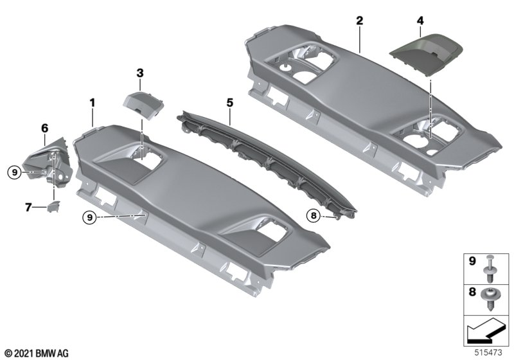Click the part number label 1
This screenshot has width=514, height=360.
(x=93, y=103)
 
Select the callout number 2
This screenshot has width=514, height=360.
(x=360, y=21)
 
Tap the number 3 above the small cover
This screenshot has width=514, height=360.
(x=140, y=73)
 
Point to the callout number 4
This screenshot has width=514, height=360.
(x=420, y=21)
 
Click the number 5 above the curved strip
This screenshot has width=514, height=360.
(x=230, y=103)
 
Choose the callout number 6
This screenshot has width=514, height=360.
(x=44, y=128)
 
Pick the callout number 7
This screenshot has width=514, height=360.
(x=28, y=207)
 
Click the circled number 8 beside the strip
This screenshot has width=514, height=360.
(x=314, y=215)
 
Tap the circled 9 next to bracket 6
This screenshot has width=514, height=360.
(x=14, y=172)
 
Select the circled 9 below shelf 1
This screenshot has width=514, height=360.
(x=91, y=217)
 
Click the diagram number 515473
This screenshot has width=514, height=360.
(x=488, y=352)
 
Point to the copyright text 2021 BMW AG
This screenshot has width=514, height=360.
(x=37, y=353)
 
